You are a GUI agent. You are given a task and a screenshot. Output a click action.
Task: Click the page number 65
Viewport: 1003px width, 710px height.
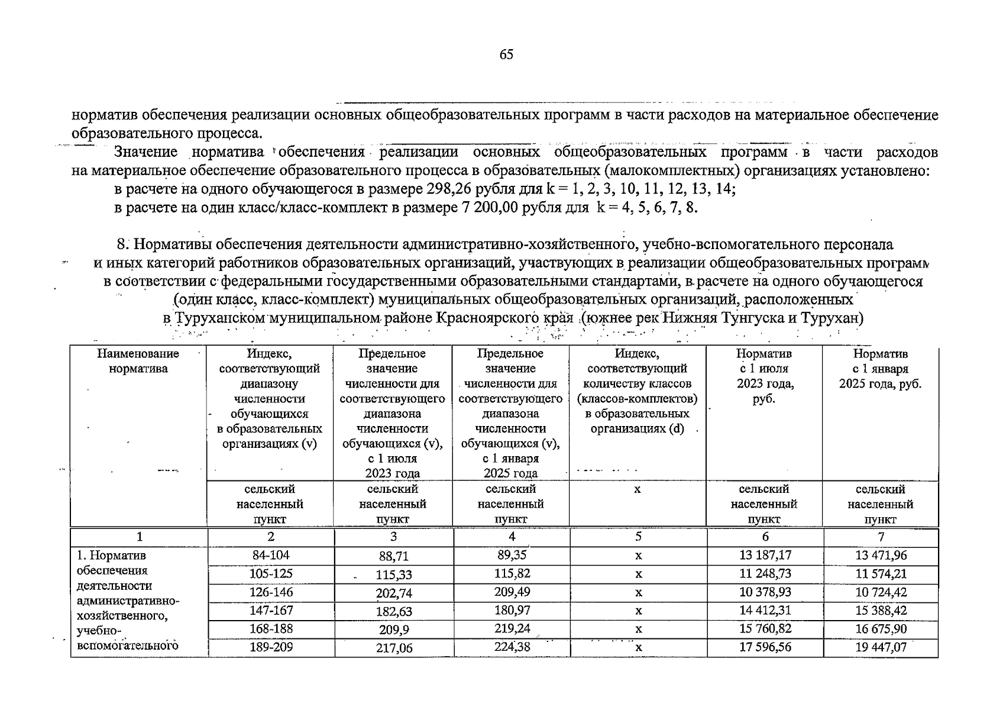click(506, 55)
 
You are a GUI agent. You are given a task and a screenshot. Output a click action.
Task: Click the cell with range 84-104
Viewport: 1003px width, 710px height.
click(270, 556)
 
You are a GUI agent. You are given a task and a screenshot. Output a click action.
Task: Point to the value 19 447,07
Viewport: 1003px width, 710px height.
click(881, 647)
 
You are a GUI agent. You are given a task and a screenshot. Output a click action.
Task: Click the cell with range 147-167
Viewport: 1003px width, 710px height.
click(271, 611)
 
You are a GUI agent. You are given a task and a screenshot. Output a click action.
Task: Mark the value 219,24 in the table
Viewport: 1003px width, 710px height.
click(512, 629)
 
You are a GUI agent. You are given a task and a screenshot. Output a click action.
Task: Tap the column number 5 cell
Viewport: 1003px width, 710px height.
click(638, 537)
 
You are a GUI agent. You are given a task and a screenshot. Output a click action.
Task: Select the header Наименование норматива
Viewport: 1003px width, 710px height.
click(138, 362)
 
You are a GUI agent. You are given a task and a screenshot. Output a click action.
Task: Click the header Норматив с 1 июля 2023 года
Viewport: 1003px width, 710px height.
click(764, 376)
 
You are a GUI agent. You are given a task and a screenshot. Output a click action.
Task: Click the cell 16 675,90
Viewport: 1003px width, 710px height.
click(881, 629)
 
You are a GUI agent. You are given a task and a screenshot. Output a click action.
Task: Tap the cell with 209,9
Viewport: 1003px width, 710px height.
click(394, 630)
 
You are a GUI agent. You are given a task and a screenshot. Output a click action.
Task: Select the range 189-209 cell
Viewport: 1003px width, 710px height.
click(271, 647)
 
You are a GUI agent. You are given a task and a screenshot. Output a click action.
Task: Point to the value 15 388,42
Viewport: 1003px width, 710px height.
click(881, 611)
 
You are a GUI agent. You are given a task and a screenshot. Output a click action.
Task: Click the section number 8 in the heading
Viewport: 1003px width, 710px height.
click(121, 244)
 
